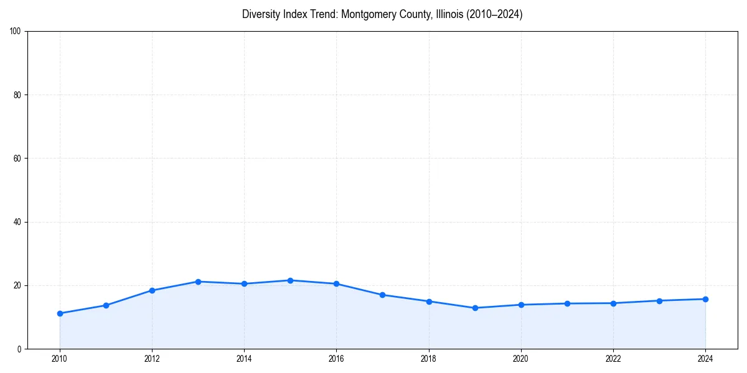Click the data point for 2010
pyautogui.click(x=60, y=313)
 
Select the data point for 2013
pyautogui.click(x=198, y=282)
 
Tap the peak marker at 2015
pyautogui.click(x=290, y=280)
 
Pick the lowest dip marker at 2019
pyautogui.click(x=475, y=308)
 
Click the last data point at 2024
pyautogui.click(x=705, y=299)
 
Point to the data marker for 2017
pyautogui.click(x=382, y=295)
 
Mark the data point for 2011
pyautogui.click(x=106, y=305)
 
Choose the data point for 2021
pyautogui.click(x=567, y=303)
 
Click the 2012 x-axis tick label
pyautogui.click(x=152, y=359)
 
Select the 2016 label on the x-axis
pyautogui.click(x=336, y=359)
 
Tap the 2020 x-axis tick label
pyautogui.click(x=521, y=359)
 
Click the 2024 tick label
pyautogui.click(x=705, y=359)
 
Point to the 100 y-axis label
pyautogui.click(x=16, y=32)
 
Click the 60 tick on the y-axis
pyautogui.click(x=18, y=159)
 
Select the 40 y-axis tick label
pyautogui.click(x=18, y=222)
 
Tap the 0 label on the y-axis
pyautogui.click(x=20, y=349)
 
